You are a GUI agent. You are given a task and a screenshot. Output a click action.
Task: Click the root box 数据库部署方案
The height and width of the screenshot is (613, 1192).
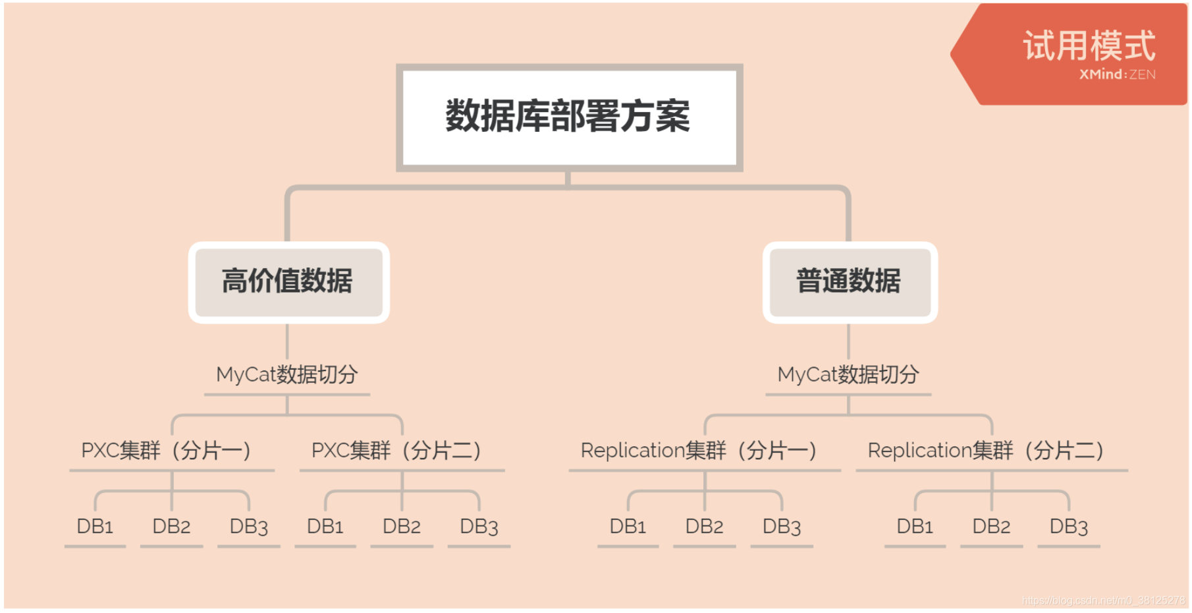pyautogui.click(x=569, y=117)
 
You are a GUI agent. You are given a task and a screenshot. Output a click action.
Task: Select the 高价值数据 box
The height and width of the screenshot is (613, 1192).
pyautogui.click(x=288, y=281)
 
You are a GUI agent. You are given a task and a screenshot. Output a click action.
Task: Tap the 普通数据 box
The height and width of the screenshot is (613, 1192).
pyautogui.click(x=849, y=281)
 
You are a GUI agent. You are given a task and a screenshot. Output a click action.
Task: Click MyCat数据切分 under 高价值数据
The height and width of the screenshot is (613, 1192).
pyautogui.click(x=287, y=374)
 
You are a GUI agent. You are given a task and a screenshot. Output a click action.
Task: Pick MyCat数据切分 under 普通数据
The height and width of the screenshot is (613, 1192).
pyautogui.click(x=848, y=374)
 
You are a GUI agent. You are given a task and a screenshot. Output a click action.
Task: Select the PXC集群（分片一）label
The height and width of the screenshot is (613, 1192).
pyautogui.click(x=166, y=451)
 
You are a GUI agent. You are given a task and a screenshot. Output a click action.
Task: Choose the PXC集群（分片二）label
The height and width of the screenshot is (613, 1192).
pyautogui.click(x=396, y=451)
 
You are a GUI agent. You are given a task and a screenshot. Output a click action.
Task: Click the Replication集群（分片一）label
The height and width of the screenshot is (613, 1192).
pyautogui.click(x=699, y=451)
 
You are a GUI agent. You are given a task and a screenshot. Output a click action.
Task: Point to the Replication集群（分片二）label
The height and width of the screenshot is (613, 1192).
pyautogui.click(x=986, y=451)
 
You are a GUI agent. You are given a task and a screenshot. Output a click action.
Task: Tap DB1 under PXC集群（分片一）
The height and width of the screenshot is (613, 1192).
pyautogui.click(x=95, y=527)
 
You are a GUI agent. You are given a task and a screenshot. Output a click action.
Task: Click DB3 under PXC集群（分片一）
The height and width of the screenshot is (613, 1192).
pyautogui.click(x=249, y=527)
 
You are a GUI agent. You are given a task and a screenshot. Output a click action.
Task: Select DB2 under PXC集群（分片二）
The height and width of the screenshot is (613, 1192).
pyautogui.click(x=402, y=527)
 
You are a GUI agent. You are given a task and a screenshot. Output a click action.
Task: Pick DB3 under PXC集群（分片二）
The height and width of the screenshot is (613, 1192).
pyautogui.click(x=479, y=527)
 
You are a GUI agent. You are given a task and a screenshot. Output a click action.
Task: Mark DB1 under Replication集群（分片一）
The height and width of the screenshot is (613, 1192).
pyautogui.click(x=628, y=527)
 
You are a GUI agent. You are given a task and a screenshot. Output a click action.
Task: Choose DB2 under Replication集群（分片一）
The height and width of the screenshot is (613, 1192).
pyautogui.click(x=704, y=527)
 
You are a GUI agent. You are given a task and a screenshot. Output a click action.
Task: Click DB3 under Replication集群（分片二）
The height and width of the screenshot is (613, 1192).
pyautogui.click(x=1068, y=527)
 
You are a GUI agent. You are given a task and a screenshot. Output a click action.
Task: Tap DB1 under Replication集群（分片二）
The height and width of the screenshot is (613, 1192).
pyautogui.click(x=915, y=527)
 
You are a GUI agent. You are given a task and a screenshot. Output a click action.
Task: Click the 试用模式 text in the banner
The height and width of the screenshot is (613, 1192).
pyautogui.click(x=1089, y=46)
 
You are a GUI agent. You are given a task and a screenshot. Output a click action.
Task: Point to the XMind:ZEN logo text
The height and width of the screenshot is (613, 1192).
pyautogui.click(x=1117, y=74)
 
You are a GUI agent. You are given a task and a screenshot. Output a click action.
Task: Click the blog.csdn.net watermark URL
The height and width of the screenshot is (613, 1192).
pyautogui.click(x=1103, y=600)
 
